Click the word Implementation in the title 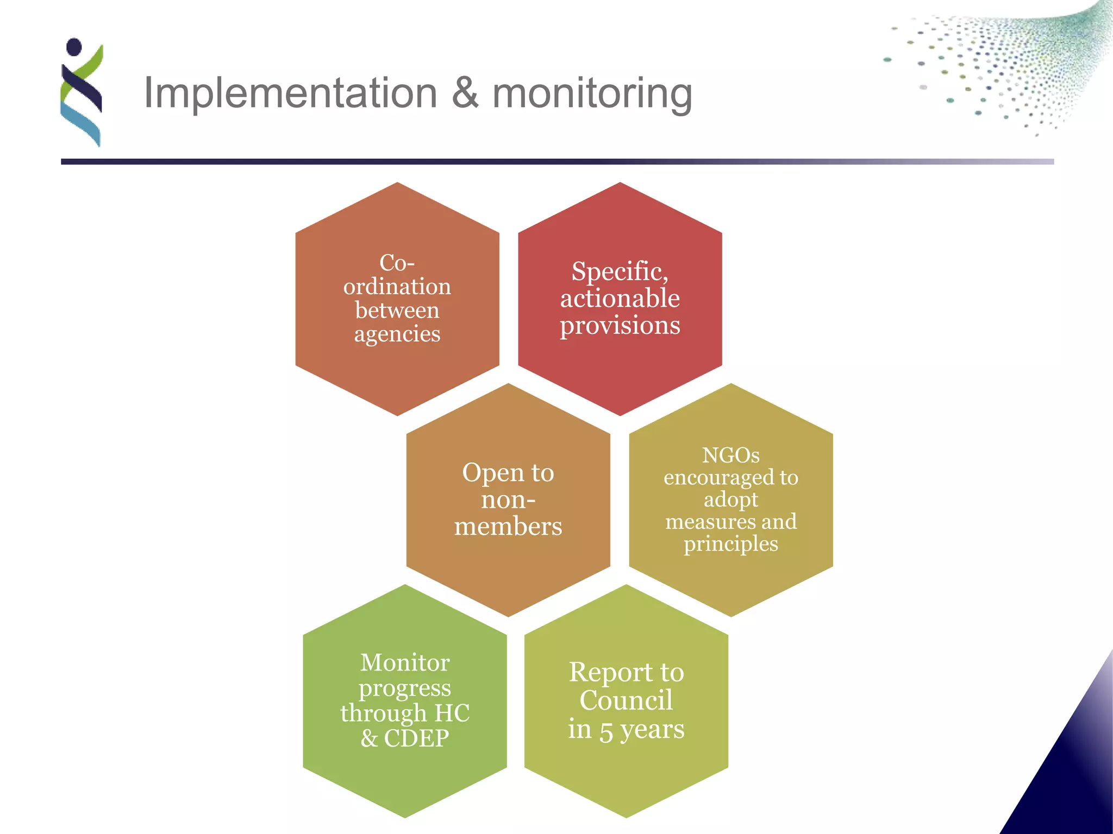[x=290, y=93]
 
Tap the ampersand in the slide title [x=465, y=93]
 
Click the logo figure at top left [x=82, y=92]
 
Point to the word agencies [x=397, y=334]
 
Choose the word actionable [x=620, y=298]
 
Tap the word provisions [x=620, y=326]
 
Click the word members [x=508, y=526]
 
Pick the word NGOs [x=730, y=455]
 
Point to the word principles [x=731, y=544]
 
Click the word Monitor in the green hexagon [x=405, y=662]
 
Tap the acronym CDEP [x=417, y=738]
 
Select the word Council [x=626, y=700]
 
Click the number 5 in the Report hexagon [x=606, y=730]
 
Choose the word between [x=397, y=311]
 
